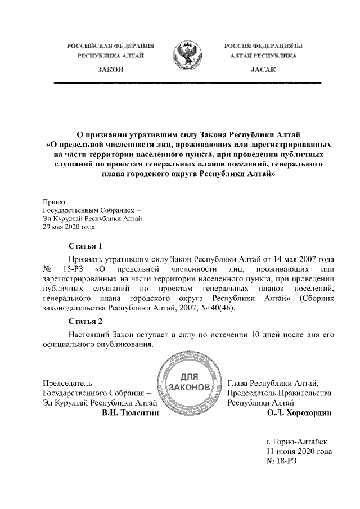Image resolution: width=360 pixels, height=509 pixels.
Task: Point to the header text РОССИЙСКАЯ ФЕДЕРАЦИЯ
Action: pyautogui.click(x=110, y=45)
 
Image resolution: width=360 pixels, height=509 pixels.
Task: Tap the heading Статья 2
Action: pyautogui.click(x=85, y=321)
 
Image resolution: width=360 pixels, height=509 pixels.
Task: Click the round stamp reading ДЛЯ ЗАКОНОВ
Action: pyautogui.click(x=188, y=383)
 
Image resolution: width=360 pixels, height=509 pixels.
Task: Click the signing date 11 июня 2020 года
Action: pyautogui.click(x=298, y=451)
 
